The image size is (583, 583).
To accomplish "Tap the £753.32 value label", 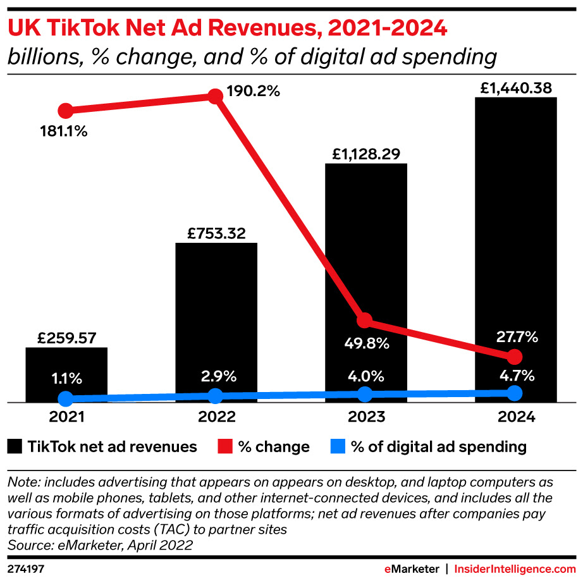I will coord(216,233).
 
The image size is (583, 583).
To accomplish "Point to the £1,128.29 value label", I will coord(365,154).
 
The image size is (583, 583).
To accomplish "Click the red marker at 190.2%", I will coord(216,97).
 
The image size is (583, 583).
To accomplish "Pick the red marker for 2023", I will coord(364,320).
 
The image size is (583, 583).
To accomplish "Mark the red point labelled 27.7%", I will coord(515,355).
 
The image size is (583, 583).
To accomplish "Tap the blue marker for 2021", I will coord(65,398).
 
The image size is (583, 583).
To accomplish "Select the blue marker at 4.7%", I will coord(515,393).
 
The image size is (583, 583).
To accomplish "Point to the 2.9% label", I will coord(216,376).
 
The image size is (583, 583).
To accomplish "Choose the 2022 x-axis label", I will coord(216,417).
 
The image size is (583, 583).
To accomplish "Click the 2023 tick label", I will coord(365,417).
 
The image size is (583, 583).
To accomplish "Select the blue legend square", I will coord(338,447).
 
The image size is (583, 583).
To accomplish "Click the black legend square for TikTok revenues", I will coord(14,447).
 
